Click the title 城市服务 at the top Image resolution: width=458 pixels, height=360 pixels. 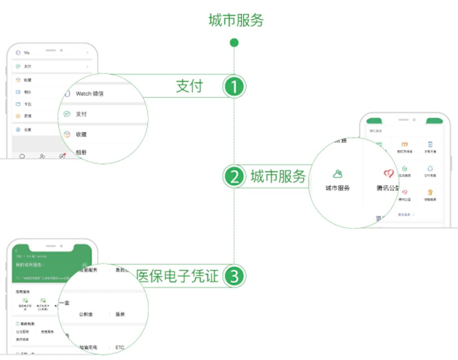235,20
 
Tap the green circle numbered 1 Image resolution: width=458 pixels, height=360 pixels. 234,87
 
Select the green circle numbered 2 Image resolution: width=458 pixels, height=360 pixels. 234,177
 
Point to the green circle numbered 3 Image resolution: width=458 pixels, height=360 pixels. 234,276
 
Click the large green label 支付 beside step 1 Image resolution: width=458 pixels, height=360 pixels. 189,86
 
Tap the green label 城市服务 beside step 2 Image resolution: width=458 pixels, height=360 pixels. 277,178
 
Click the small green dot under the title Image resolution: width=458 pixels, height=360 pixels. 234,43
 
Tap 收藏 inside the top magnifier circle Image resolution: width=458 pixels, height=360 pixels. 82,134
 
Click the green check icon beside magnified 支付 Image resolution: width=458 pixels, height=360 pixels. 66,114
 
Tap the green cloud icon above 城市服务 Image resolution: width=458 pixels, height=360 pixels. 337,174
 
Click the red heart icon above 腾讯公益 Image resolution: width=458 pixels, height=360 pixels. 388,174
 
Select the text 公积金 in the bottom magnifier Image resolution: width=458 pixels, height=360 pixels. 86,314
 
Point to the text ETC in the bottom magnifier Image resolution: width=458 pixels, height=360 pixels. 120,347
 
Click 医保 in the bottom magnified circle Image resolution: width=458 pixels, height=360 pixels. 119,314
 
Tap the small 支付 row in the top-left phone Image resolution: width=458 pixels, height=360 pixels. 28,66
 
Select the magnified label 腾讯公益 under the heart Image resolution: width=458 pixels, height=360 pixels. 388,188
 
